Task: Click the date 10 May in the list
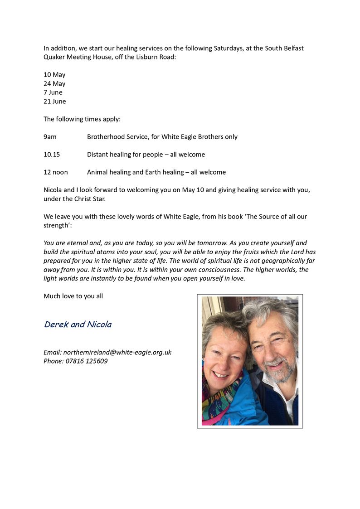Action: click(x=54, y=75)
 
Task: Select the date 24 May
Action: click(x=54, y=84)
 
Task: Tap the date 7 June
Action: click(x=53, y=92)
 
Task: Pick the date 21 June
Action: click(x=54, y=102)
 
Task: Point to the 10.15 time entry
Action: click(x=52, y=155)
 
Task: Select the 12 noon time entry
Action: click(x=56, y=172)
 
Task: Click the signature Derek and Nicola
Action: click(x=78, y=325)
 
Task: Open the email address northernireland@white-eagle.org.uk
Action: click(x=117, y=352)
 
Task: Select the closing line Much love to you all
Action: click(x=73, y=296)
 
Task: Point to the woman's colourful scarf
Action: click(x=218, y=399)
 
